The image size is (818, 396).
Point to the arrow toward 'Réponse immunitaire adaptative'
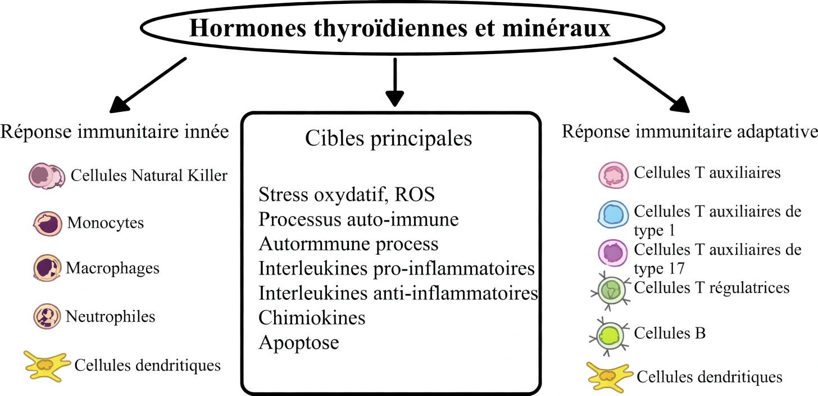coord(652,84)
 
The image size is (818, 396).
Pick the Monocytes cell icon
coord(47,223)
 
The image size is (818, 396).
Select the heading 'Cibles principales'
coord(388,139)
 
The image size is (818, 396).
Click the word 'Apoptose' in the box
coord(298,342)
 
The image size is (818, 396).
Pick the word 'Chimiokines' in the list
coord(312,317)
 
